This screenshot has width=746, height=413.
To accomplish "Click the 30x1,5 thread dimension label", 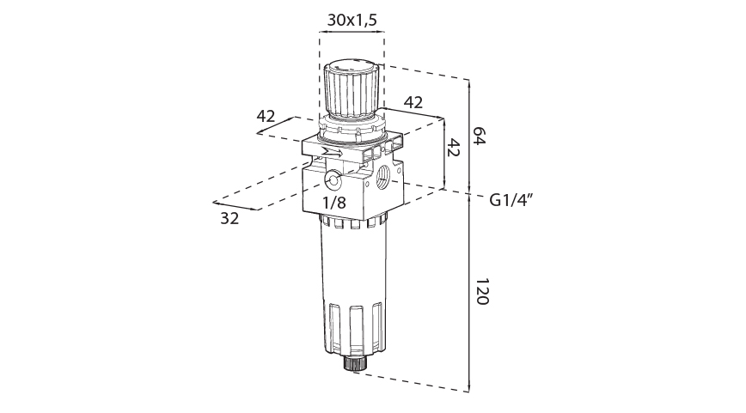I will click(352, 19).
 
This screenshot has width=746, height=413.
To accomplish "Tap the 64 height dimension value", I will click(480, 136).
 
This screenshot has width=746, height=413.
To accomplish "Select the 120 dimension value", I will click(480, 292).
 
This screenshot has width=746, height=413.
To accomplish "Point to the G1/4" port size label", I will click(512, 200).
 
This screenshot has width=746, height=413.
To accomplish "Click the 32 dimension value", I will click(229, 218).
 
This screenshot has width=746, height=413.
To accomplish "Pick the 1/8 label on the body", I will click(334, 203).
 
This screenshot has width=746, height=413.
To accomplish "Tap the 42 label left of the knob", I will click(266, 116).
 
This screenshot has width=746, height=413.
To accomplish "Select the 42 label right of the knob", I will click(413, 101).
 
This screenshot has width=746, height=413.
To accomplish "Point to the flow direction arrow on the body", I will click(329, 154).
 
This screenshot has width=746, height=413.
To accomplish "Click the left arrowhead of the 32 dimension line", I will click(215, 203).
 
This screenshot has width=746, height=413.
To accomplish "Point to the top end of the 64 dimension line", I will click(469, 80).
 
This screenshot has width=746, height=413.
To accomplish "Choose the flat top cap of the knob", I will click(351, 64).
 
